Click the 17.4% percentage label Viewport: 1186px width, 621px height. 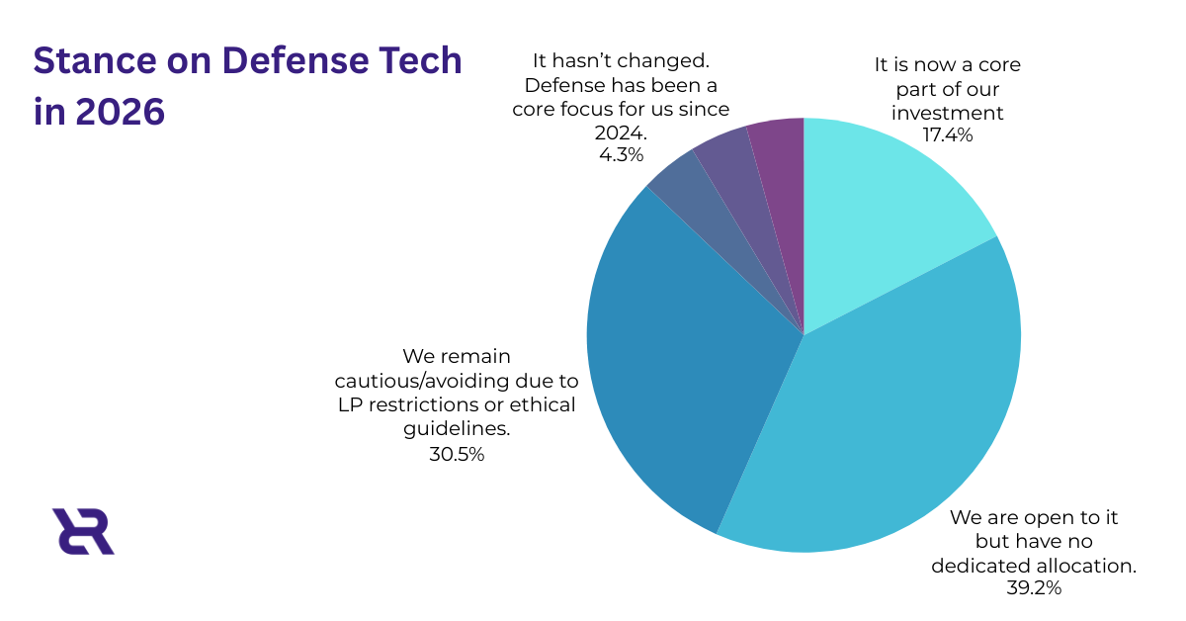948,134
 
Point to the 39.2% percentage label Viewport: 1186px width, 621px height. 1033,588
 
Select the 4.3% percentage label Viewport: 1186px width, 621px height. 621,155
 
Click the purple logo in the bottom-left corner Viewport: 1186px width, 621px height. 83,531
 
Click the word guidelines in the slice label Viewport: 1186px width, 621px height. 458,428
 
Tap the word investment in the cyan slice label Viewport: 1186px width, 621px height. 948,112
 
